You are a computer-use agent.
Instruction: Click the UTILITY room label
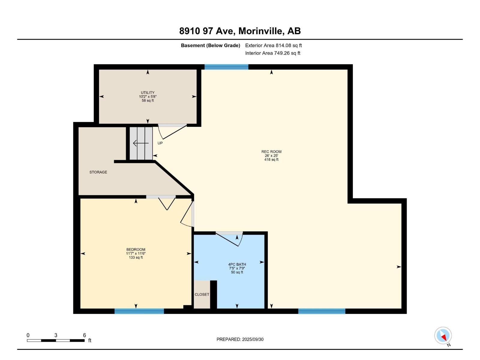tap(148, 93)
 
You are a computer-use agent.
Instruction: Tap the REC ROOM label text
tap(271, 152)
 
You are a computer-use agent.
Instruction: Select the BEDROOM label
tap(136, 250)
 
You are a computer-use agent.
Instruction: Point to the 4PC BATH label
tap(237, 265)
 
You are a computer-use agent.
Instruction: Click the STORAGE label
tap(98, 172)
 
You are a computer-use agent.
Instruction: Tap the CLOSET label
tap(202, 295)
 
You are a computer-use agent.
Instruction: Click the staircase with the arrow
tap(141, 143)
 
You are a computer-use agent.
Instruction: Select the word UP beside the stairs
tap(160, 143)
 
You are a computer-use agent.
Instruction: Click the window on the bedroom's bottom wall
tap(139, 311)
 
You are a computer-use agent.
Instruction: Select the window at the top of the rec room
tap(226, 67)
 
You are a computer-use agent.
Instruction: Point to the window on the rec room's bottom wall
tap(322, 311)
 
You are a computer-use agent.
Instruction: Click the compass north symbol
tap(443, 336)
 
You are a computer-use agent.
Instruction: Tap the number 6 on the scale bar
tap(85, 335)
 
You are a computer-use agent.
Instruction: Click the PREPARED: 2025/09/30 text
tap(240, 339)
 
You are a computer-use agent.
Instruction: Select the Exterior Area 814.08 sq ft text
tap(273, 46)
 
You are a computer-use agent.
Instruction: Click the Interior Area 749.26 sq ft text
tap(273, 53)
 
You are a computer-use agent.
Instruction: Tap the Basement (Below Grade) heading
tap(210, 46)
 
